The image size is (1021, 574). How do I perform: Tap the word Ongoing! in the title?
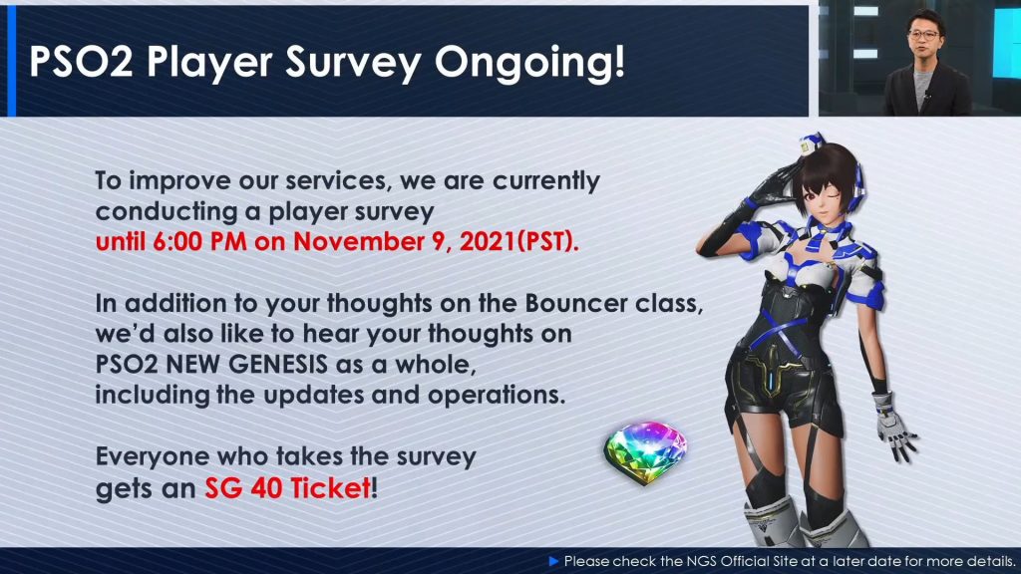coord(530,63)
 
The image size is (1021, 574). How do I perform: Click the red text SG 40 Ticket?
coord(288,488)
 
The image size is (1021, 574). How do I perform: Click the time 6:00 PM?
coord(199,242)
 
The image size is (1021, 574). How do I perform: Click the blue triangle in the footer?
coord(554,561)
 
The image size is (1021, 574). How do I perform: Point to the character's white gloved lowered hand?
coord(894,427)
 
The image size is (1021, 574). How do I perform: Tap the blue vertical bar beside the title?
coord(11,61)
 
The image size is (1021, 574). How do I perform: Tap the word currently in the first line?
coord(546,181)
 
